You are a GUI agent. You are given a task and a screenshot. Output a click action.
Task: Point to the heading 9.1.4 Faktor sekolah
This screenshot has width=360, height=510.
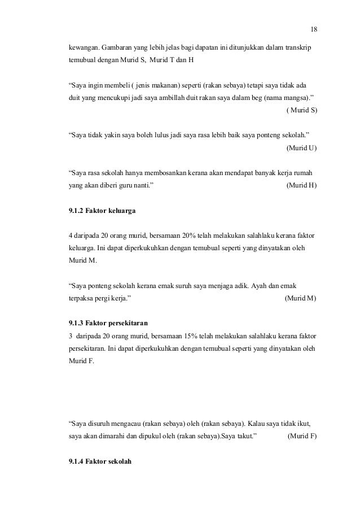click(99, 462)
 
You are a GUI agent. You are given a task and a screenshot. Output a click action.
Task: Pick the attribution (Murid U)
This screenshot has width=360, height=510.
click(302, 148)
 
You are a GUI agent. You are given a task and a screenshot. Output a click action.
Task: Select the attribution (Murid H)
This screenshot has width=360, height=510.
click(302, 185)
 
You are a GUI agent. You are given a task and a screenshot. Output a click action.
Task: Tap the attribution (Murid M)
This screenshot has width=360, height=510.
click(301, 298)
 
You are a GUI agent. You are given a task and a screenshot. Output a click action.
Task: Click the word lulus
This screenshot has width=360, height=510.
click(159, 136)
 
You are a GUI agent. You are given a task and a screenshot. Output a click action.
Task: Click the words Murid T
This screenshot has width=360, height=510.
click(167, 59)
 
